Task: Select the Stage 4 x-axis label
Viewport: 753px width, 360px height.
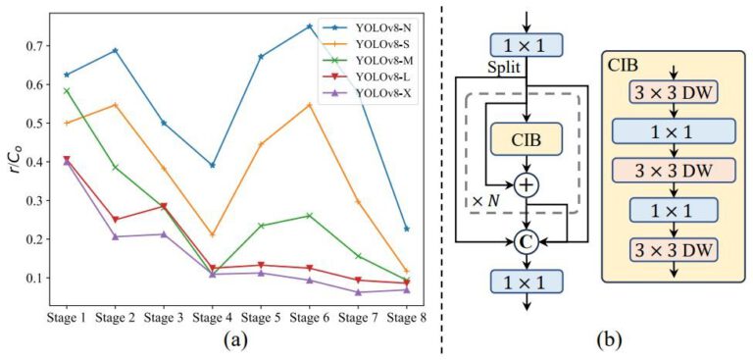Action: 211,320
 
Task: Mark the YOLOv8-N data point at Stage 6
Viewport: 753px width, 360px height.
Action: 309,26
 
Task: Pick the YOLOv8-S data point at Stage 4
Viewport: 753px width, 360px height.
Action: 212,235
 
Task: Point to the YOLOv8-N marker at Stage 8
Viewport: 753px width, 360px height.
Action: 406,229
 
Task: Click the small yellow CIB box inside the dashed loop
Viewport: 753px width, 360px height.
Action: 528,138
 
